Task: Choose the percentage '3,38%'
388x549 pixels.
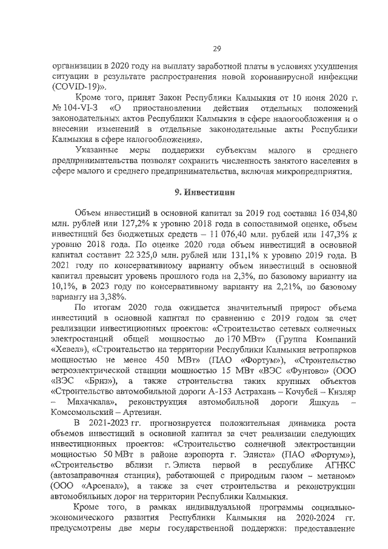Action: coord(110,297)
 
